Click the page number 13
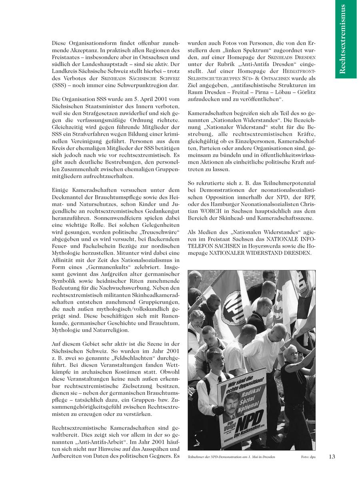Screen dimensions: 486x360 (332, 456)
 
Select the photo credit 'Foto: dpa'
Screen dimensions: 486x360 (308, 457)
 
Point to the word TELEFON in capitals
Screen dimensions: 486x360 (201, 246)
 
